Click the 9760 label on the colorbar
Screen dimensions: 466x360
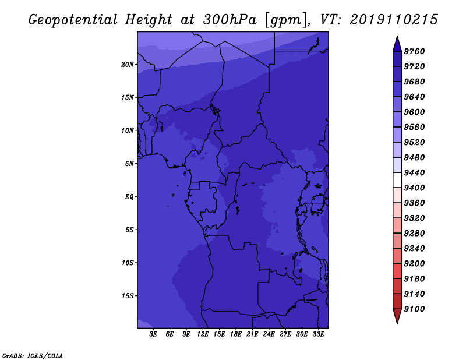click(x=414, y=51)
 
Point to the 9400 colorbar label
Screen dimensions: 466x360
click(x=414, y=188)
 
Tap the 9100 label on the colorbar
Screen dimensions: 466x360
click(x=414, y=309)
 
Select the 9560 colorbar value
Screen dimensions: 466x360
click(x=414, y=127)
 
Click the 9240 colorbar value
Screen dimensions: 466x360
click(x=414, y=249)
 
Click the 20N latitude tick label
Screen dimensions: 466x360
click(x=128, y=65)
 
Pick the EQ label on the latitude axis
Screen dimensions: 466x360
click(x=129, y=197)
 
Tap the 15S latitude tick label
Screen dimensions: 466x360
click(x=128, y=296)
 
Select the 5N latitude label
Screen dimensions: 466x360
click(x=129, y=164)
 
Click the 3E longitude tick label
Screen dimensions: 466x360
click(x=153, y=334)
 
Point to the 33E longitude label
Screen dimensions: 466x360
click(x=318, y=334)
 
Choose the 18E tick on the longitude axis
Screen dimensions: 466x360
click(x=236, y=334)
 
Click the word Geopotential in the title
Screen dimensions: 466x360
click(x=73, y=20)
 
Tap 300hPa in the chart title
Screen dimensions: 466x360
click(x=230, y=20)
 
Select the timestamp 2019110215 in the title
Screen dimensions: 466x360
click(x=394, y=20)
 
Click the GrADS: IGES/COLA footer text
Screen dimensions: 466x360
click(x=33, y=356)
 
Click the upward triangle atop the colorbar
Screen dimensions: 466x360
click(x=397, y=44)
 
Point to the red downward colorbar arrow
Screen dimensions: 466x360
click(x=397, y=316)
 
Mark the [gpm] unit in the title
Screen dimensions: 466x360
click(x=286, y=20)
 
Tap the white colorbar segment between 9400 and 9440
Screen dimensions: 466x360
click(x=397, y=180)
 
